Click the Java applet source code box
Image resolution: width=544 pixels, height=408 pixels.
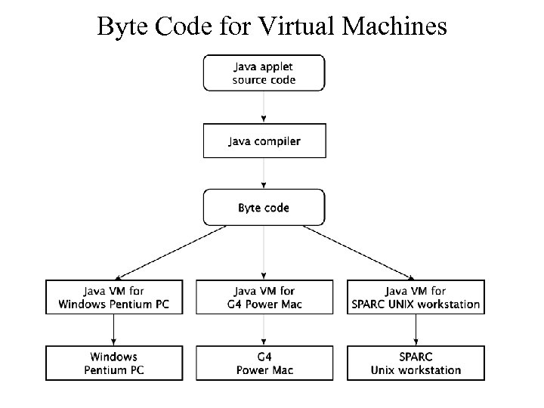(264, 73)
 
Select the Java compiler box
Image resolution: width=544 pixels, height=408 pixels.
(264, 141)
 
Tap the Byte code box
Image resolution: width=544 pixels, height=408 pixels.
(264, 208)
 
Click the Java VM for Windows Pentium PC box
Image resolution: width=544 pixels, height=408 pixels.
(113, 298)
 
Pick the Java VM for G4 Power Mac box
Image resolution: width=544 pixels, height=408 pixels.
(264, 298)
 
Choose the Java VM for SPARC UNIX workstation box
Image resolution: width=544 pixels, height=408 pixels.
(416, 298)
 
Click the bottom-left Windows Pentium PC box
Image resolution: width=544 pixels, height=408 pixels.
(113, 363)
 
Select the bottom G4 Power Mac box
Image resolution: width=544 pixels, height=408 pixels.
(264, 363)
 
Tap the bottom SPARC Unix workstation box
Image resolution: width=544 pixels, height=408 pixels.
(416, 363)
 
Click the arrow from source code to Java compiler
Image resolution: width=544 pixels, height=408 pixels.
(264, 107)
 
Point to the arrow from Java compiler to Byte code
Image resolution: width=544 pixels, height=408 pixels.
(264, 174)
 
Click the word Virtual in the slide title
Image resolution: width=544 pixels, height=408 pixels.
(298, 26)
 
